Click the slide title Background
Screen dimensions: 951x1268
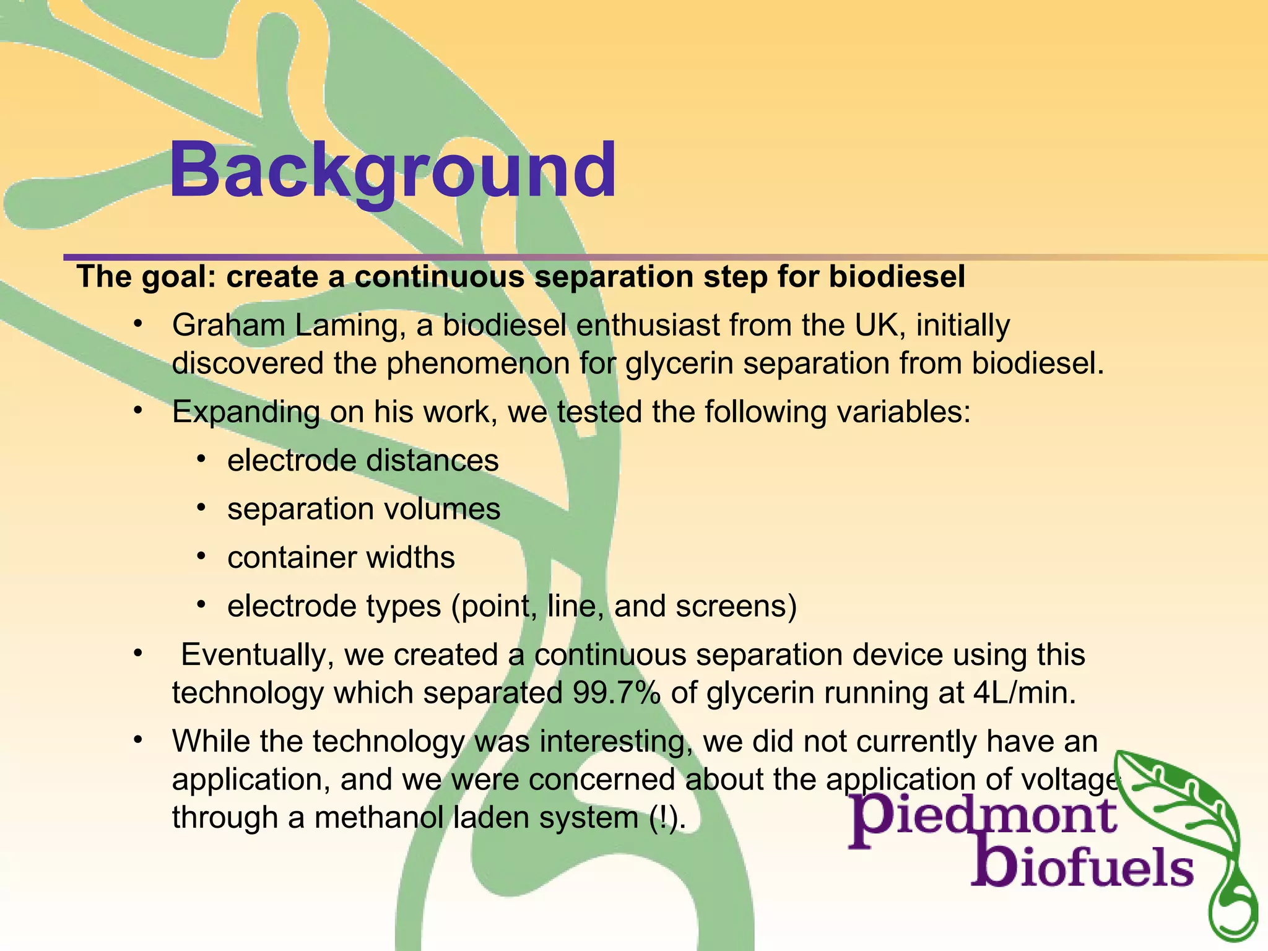393,170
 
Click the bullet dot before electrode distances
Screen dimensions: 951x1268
201,459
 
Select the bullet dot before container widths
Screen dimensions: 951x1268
201,556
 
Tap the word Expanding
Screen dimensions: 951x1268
246,412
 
